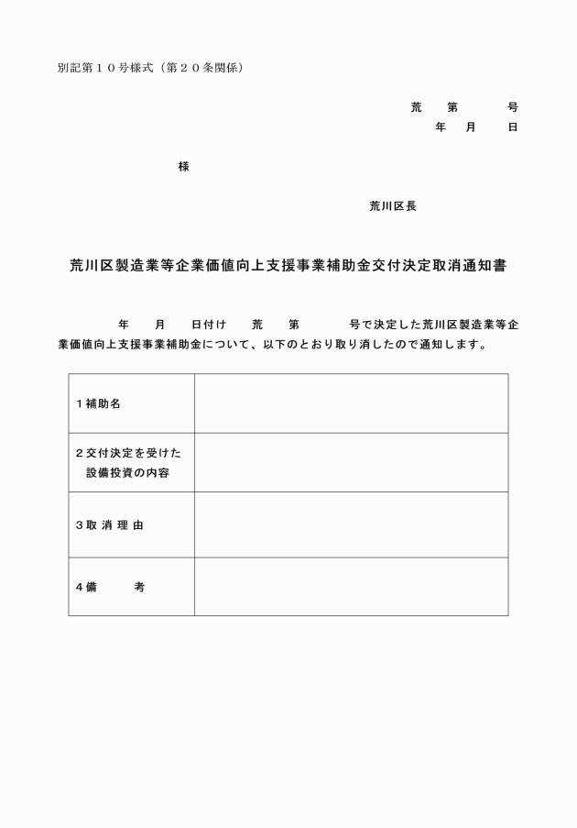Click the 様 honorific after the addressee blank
coord(184,167)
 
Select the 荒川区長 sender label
coord(393,206)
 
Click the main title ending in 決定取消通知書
coord(288,267)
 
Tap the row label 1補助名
coord(98,404)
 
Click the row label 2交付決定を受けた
coord(128,453)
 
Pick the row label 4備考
coord(109,587)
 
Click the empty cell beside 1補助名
coord(351,403)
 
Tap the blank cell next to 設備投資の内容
coord(351,462)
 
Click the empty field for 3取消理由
coord(351,524)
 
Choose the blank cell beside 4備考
coord(351,587)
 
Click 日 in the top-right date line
coord(513,127)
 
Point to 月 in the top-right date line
coord(471,127)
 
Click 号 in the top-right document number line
coord(513,107)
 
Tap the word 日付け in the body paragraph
coord(208,326)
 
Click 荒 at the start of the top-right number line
coord(416,107)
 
